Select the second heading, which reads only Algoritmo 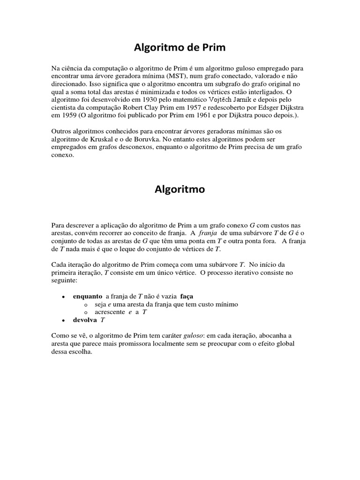pos(180,189)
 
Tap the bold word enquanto pos(88,296)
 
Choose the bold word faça pos(187,296)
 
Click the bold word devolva pos(85,320)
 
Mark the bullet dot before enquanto pos(63,297)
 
